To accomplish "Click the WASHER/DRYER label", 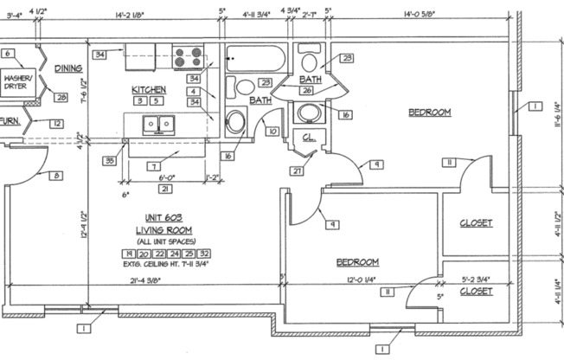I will pyautogui.click(x=19, y=80).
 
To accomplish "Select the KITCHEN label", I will pyautogui.click(x=148, y=89).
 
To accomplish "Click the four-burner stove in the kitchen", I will pyautogui.click(x=189, y=59).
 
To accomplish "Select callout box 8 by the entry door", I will pyautogui.click(x=57, y=176).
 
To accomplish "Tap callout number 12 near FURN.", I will pyautogui.click(x=56, y=124).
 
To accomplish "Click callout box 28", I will pyautogui.click(x=61, y=97).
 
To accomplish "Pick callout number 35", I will pyautogui.click(x=111, y=160).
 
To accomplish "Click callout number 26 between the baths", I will pyautogui.click(x=305, y=89).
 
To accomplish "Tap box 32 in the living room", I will pyautogui.click(x=205, y=254).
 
